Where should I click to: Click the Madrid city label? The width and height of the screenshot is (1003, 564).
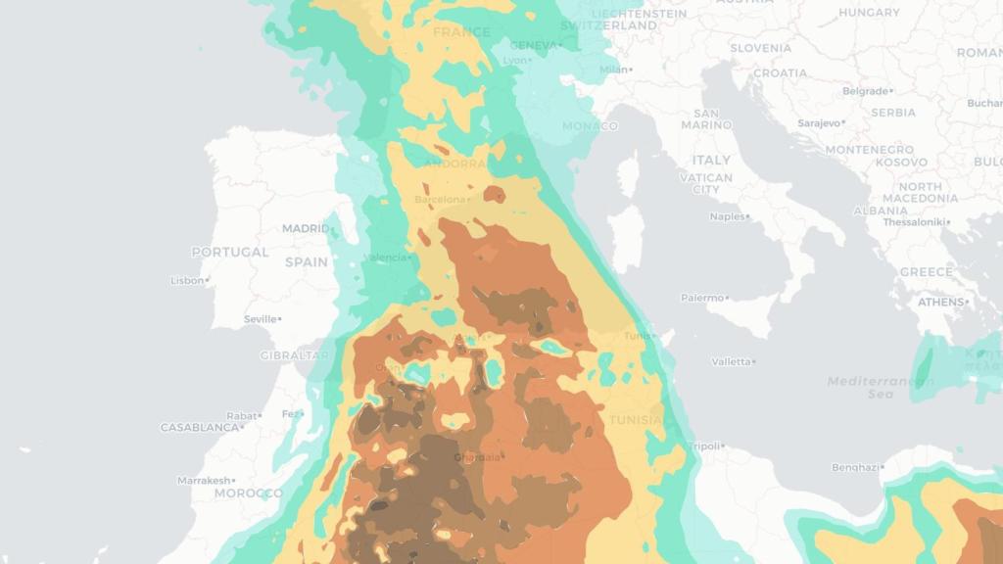[x=306, y=228]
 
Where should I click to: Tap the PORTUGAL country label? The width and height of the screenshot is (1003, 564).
[x=229, y=252]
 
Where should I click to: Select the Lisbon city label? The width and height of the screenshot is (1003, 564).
[x=187, y=280]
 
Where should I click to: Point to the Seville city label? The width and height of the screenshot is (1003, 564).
[x=260, y=319]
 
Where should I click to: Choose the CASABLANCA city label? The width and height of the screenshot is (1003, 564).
[x=199, y=428]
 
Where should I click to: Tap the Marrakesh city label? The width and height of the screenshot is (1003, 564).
[x=204, y=481]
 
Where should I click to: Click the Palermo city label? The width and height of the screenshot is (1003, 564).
[x=703, y=298]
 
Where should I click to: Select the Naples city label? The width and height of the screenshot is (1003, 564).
[x=727, y=216]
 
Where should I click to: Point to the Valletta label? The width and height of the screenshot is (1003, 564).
[x=731, y=361]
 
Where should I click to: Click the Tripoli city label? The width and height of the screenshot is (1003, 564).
[x=704, y=446]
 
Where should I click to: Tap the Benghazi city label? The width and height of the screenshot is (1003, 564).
[x=855, y=467]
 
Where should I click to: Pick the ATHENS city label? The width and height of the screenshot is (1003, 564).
[x=940, y=302]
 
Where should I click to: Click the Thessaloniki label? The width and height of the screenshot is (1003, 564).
[x=915, y=222]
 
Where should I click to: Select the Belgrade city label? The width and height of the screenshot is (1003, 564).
[x=865, y=91]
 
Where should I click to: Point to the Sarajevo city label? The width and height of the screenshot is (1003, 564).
[x=820, y=123]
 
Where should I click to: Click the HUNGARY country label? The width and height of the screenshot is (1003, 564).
[x=869, y=13]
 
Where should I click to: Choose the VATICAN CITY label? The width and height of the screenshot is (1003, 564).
[x=705, y=183]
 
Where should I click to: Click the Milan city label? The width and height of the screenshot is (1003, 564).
[x=613, y=70]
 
